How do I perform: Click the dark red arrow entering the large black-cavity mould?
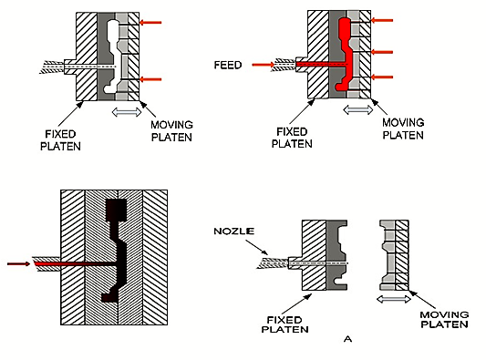tap(16, 264)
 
